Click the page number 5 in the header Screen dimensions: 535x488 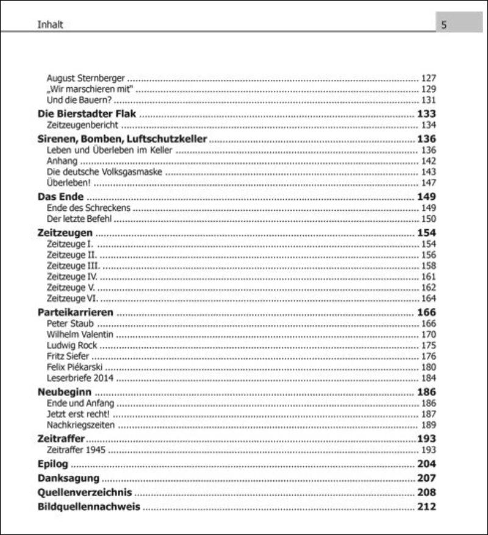tap(444, 25)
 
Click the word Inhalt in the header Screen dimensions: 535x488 tap(51, 25)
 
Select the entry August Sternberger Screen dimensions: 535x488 tap(85, 78)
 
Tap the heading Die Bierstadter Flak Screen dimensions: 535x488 tap(87, 114)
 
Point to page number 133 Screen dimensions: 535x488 tap(426, 114)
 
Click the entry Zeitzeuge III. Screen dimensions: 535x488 tap(73, 266)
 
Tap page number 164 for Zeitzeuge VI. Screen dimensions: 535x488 tap(429, 299)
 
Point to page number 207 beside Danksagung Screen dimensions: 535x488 tap(426, 478)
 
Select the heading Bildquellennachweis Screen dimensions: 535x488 tap(89, 506)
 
